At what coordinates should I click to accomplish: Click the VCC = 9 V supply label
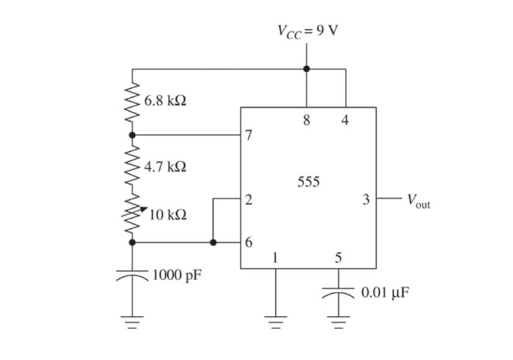coord(308,30)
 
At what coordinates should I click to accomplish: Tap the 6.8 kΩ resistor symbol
coord(132,103)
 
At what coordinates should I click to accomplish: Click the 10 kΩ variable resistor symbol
coord(133,214)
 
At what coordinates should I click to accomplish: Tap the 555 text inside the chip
coord(308,182)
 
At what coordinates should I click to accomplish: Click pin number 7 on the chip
coord(249,136)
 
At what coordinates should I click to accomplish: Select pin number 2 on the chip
coord(249,199)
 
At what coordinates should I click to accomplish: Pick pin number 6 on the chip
coord(249,243)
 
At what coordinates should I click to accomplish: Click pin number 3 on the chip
coord(366,199)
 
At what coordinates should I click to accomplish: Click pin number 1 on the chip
coord(275,258)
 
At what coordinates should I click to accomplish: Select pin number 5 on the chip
coord(338,258)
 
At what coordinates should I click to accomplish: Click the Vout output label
coord(418,200)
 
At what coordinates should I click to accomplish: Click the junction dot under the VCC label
coord(306,69)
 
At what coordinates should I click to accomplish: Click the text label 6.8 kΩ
coord(165,101)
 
